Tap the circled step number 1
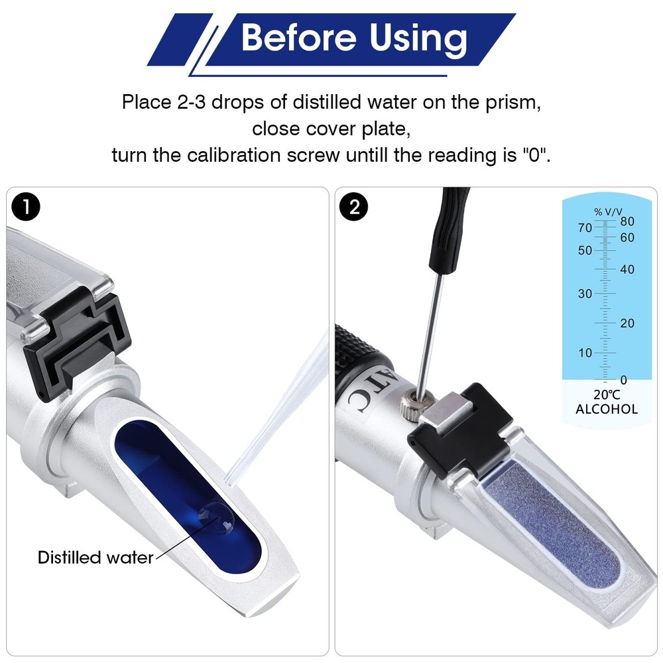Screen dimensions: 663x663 (x=26, y=207)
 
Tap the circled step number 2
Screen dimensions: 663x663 (x=353, y=207)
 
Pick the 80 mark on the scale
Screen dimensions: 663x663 (x=627, y=222)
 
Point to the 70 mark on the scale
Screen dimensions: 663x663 (x=585, y=228)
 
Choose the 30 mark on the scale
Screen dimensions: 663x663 (x=585, y=294)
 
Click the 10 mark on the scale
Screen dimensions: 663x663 (x=585, y=353)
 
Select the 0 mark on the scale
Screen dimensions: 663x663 (x=623, y=381)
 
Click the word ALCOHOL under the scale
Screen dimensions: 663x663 (x=606, y=409)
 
